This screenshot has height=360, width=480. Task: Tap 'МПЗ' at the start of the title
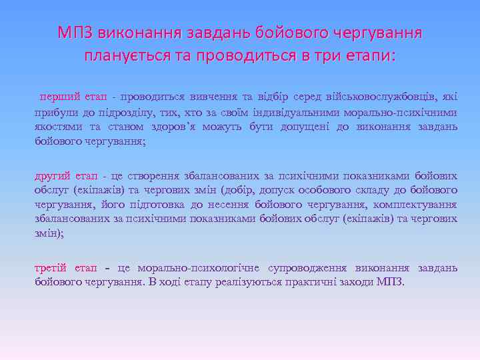[x=75, y=32]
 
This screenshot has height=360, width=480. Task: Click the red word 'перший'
[x=57, y=97]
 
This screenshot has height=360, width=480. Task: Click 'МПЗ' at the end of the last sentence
[x=389, y=281]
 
